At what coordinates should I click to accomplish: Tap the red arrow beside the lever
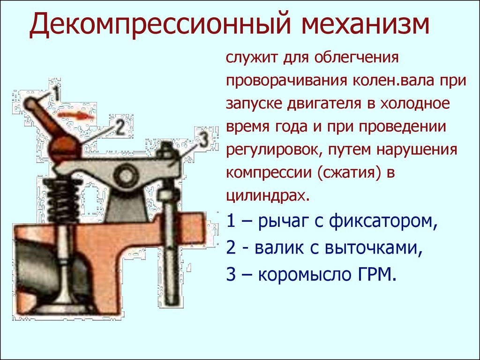76,115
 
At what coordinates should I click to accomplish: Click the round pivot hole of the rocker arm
125,176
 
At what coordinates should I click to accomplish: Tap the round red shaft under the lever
65,150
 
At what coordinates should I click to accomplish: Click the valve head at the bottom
65,306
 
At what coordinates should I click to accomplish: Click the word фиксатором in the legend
383,222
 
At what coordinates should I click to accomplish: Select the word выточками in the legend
374,247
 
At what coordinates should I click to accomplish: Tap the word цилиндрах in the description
266,196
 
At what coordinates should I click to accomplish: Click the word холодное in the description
415,104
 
